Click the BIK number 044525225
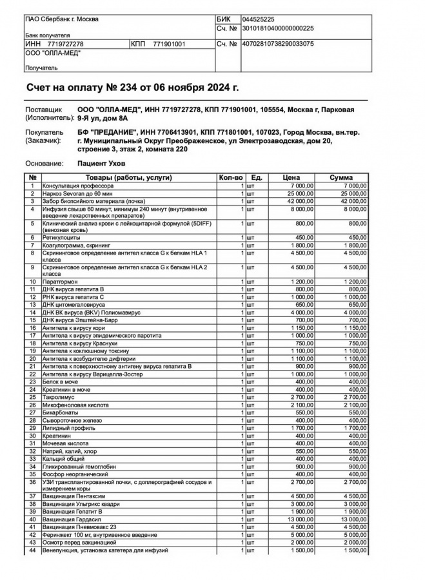coord(257,20)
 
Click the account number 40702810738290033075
coord(277,44)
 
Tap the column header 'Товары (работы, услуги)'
coord(125,177)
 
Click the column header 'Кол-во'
coord(230,177)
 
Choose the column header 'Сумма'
coord(341,177)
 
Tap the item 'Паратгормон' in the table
coord(63,282)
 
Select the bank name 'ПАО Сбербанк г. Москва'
coord(62,19)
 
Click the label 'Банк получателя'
coord(48,35)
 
